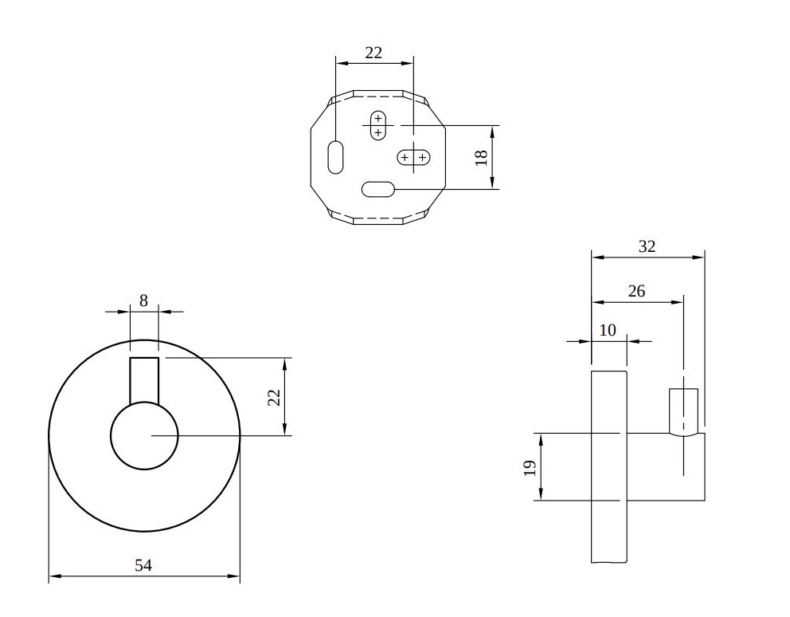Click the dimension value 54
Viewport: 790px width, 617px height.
pos(143,565)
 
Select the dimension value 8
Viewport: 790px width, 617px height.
pos(143,301)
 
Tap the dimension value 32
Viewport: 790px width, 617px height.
pos(647,246)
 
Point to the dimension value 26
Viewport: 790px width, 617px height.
pos(636,291)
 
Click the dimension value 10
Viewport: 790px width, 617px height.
pos(608,330)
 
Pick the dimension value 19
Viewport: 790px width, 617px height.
pos(530,468)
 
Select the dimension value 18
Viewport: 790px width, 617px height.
pos(481,157)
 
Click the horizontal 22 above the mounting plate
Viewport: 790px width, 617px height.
pos(373,53)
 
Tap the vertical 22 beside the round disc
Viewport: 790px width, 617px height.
pos(274,397)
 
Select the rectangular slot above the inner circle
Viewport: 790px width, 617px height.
pos(145,380)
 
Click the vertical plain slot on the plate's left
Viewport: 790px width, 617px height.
pos(335,157)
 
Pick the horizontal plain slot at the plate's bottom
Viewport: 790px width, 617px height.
pos(377,189)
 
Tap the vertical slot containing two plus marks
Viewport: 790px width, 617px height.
pos(377,125)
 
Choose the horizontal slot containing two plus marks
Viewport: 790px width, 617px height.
pos(413,157)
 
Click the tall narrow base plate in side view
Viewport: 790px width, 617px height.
pos(608,466)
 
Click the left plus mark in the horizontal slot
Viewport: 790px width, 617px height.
pos(405,157)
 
